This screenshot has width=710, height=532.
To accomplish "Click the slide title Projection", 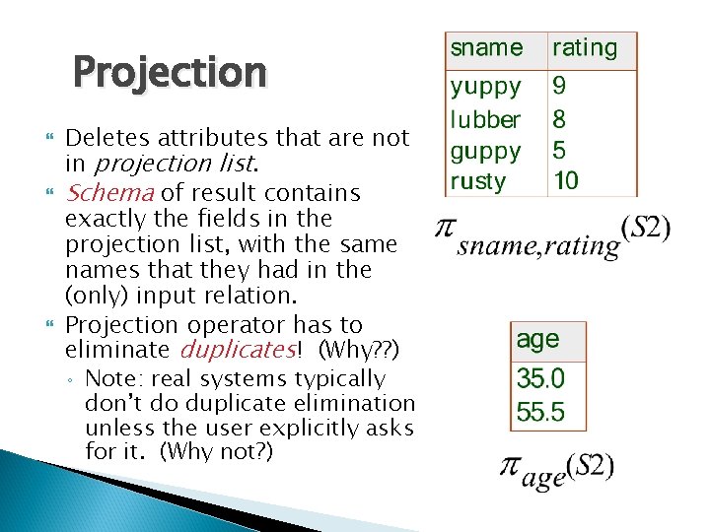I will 170,72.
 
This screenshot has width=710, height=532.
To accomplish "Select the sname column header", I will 486,47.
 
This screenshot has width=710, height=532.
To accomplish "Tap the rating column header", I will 585,47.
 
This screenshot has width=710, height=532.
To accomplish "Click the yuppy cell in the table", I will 486,87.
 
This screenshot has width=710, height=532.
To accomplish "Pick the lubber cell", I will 485,119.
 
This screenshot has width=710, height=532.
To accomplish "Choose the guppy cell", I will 486,151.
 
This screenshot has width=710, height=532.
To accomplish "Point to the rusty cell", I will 478,181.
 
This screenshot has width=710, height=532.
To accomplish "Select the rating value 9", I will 560,87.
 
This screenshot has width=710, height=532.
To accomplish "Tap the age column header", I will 537,340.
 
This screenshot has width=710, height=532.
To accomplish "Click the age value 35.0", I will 540,377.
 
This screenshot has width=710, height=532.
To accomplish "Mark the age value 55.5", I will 540,411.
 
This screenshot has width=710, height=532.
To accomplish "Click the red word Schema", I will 109,193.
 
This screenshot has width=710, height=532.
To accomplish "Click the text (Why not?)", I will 216,451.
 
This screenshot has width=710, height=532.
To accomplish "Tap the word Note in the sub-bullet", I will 107,378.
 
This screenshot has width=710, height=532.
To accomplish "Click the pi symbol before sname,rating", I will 446,229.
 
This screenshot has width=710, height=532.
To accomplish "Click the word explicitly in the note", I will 314,428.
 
